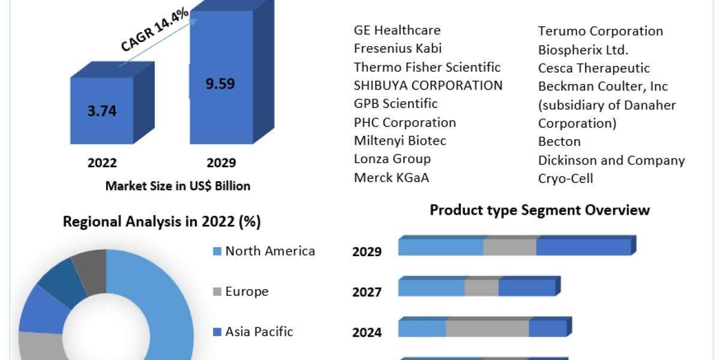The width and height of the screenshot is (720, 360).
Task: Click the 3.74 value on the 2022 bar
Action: click(101, 111)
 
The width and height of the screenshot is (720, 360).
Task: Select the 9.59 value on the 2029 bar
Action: click(220, 83)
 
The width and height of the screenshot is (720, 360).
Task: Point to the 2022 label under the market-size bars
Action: click(101, 163)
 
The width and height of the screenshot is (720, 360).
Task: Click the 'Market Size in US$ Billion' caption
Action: click(178, 186)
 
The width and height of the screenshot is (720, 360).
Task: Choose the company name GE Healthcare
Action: click(397, 30)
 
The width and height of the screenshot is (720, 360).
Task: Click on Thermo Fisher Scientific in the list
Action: click(427, 67)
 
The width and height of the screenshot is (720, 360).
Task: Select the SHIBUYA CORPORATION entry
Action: click(428, 85)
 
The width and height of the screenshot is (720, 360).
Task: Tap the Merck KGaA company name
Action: click(391, 178)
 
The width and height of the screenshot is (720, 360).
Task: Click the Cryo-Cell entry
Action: click(565, 179)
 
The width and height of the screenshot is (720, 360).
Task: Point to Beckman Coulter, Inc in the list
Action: click(603, 86)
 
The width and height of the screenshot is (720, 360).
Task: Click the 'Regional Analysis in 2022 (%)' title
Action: click(162, 222)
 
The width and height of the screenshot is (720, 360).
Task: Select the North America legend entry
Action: click(270, 251)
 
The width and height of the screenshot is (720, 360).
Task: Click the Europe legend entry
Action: click(247, 292)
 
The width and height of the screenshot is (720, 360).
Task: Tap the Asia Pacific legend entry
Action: click(259, 331)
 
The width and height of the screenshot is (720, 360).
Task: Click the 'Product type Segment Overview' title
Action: click(539, 210)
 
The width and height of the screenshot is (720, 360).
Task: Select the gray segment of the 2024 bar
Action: click(487, 329)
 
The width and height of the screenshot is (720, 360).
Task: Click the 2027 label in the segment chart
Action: click(367, 292)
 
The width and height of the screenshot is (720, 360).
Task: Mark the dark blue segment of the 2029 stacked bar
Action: click(583, 247)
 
